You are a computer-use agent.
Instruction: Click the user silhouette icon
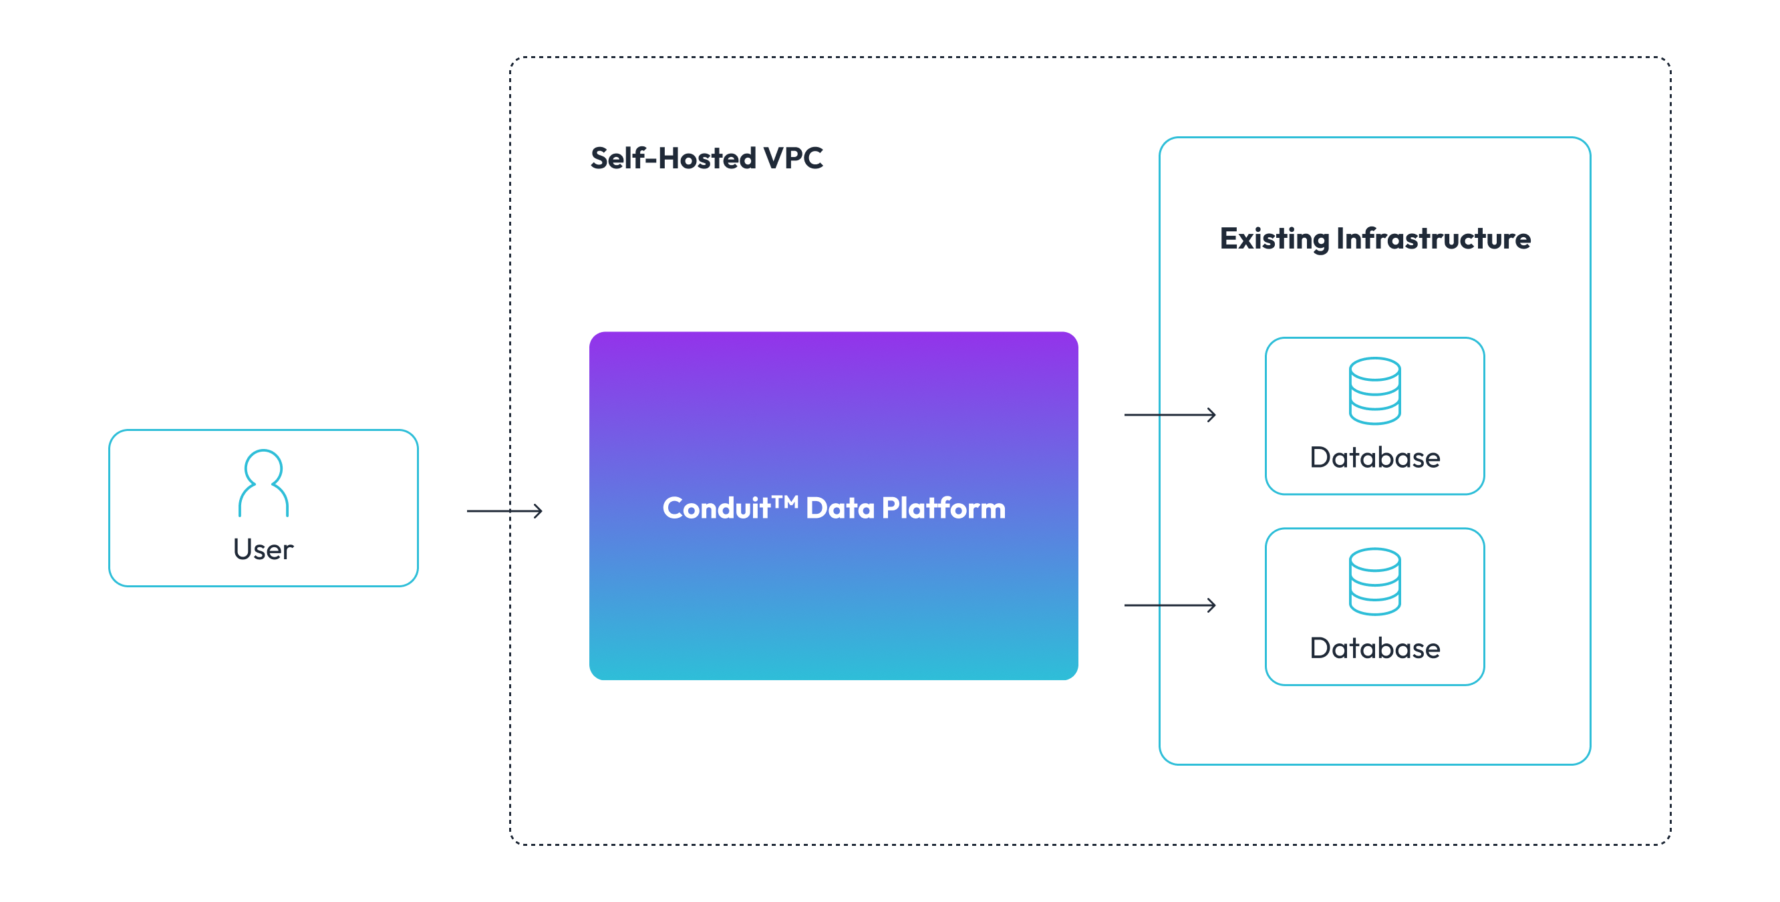tap(263, 484)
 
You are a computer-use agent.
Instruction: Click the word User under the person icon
tap(263, 549)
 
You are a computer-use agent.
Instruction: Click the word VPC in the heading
tap(792, 158)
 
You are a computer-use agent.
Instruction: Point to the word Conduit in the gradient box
tap(716, 508)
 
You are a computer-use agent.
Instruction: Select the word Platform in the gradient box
tap(943, 508)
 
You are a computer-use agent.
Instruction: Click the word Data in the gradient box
tap(840, 508)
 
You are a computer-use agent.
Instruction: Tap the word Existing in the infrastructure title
tap(1274, 239)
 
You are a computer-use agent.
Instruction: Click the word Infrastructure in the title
tap(1433, 239)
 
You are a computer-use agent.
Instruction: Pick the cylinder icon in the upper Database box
tap(1374, 392)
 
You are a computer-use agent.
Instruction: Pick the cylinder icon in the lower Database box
tap(1374, 582)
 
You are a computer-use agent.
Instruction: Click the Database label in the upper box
tap(1374, 458)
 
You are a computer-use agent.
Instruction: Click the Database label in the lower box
tap(1374, 648)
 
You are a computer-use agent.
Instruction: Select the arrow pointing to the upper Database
tap(1169, 415)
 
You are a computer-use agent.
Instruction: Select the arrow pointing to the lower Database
tap(1169, 605)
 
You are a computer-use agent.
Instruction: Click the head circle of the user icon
tap(263, 466)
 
